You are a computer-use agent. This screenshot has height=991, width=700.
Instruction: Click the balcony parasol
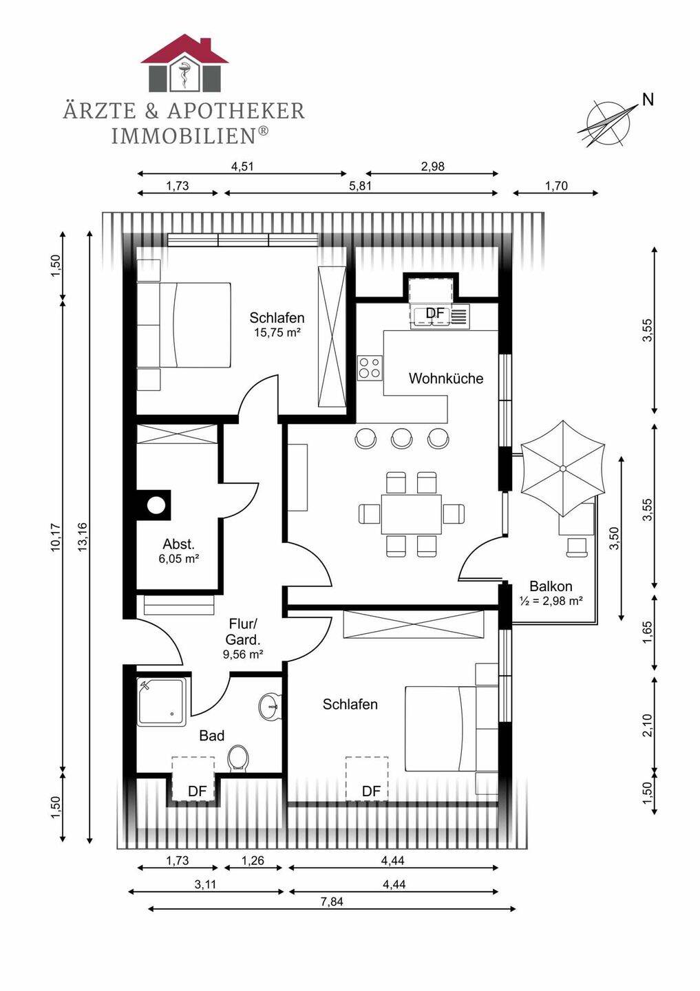[562, 469]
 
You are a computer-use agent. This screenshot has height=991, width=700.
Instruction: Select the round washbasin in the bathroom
[270, 707]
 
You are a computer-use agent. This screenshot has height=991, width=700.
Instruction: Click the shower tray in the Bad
[161, 703]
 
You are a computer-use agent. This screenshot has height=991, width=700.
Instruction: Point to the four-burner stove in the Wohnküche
[370, 367]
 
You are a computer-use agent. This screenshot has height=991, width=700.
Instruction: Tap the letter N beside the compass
[648, 100]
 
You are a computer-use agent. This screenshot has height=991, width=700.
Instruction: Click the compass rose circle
[608, 123]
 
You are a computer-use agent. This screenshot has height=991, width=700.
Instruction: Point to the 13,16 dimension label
[82, 537]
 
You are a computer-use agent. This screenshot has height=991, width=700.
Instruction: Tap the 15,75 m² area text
[277, 332]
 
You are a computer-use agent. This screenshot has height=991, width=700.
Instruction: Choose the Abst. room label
[179, 544]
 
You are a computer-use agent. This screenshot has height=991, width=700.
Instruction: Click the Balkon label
[551, 586]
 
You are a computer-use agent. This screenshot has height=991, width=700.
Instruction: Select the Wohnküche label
[446, 379]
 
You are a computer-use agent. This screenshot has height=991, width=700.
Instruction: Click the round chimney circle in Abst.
[156, 504]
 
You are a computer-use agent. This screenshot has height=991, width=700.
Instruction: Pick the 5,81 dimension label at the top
[360, 186]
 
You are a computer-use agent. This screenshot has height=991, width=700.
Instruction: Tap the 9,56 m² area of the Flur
[243, 654]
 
